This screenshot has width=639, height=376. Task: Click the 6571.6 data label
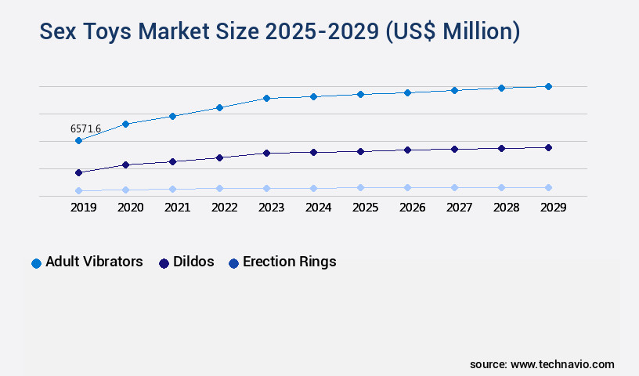pyautogui.click(x=85, y=128)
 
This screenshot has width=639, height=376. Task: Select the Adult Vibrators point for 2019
pyautogui.click(x=78, y=140)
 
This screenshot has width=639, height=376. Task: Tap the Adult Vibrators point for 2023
pyautogui.click(x=266, y=98)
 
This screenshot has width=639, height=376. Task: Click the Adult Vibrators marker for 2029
pyautogui.click(x=548, y=86)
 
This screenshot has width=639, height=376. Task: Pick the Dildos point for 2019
pyautogui.click(x=78, y=172)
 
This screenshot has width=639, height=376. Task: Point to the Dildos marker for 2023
pyautogui.click(x=266, y=153)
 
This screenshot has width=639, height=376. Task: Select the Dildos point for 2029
pyautogui.click(x=548, y=147)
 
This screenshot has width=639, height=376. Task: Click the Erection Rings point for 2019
pyautogui.click(x=78, y=190)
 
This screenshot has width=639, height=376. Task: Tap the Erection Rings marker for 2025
pyautogui.click(x=360, y=187)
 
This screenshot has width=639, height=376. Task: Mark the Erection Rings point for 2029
pyautogui.click(x=548, y=187)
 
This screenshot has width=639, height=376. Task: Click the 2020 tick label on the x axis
pyautogui.click(x=130, y=208)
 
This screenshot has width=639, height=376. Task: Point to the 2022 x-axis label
pyautogui.click(x=224, y=208)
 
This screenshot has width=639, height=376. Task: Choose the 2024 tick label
pyautogui.click(x=318, y=208)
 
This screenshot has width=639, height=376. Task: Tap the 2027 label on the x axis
pyautogui.click(x=459, y=208)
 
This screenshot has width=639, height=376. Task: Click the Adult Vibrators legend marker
pyautogui.click(x=36, y=263)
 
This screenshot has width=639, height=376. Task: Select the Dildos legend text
pyautogui.click(x=193, y=262)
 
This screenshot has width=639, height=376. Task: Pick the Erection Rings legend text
pyautogui.click(x=289, y=262)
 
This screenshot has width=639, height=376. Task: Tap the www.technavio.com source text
pyautogui.click(x=562, y=364)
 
